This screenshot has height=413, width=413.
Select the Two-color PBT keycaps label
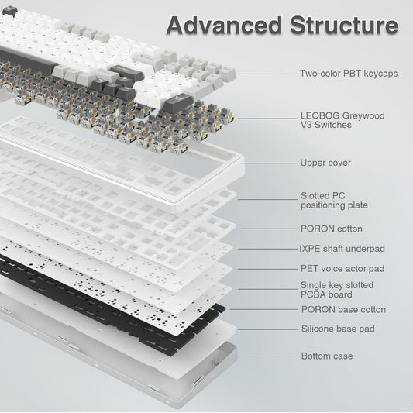[x=349, y=74]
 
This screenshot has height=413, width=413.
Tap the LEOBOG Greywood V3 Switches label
[x=342, y=120]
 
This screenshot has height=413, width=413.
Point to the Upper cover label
[x=325, y=163]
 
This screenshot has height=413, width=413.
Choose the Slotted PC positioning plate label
[x=334, y=201]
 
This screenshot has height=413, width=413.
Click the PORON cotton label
[x=331, y=229]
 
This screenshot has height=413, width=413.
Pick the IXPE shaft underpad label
[x=342, y=249]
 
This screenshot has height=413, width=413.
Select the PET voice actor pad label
[x=342, y=268]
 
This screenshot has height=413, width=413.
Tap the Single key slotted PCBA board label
[x=337, y=290]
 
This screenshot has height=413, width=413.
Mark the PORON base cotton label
[x=342, y=309]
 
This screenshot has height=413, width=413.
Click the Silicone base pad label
[x=337, y=329]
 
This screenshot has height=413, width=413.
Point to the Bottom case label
[x=326, y=356]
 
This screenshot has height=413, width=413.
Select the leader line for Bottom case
[x=267, y=356]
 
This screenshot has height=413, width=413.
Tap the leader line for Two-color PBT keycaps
[x=267, y=74]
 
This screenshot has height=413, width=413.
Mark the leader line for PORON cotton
[x=267, y=229]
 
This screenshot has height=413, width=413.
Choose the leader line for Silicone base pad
[x=267, y=329]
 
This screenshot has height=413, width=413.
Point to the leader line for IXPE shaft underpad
[x=267, y=249]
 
